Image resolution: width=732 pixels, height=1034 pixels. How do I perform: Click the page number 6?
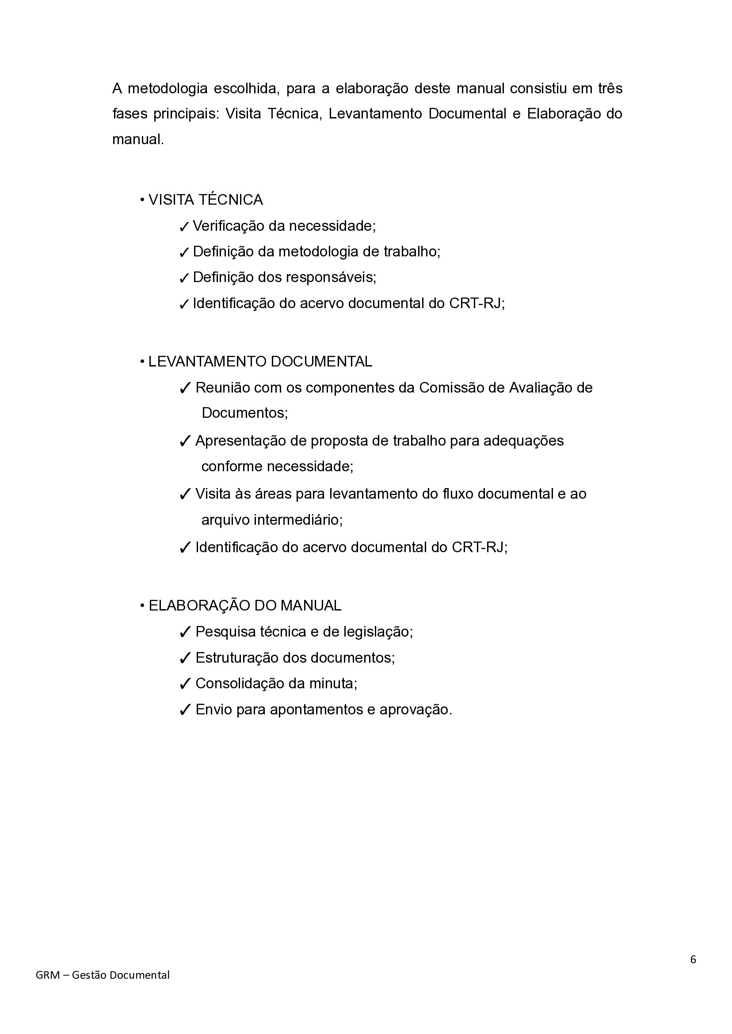click(693, 971)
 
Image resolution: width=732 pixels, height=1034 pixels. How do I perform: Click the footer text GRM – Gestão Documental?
click(103, 988)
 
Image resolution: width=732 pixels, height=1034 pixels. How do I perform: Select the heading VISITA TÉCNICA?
click(206, 200)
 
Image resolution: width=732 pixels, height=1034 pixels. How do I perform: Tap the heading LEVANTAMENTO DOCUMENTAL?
click(260, 362)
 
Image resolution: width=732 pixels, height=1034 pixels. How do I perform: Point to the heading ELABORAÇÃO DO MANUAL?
click(245, 605)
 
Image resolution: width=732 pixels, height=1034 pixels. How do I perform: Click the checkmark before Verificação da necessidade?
click(184, 227)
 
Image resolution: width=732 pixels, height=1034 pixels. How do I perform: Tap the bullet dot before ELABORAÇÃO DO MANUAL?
click(142, 605)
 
